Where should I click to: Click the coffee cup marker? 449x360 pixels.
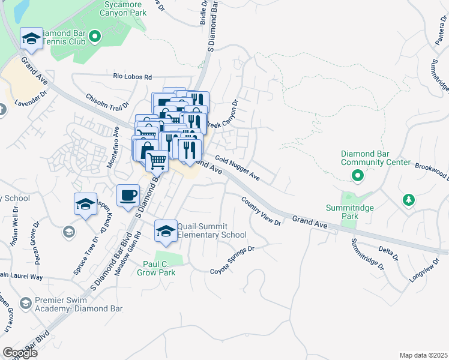click(128, 196)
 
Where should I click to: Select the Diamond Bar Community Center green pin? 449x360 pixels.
click(357, 176)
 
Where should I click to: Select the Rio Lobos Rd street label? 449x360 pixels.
click(133, 77)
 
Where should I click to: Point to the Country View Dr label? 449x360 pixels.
click(261, 211)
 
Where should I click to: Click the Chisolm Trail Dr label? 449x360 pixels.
click(107, 101)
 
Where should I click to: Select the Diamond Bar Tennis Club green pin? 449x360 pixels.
click(94, 38)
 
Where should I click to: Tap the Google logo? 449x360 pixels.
click(19, 353)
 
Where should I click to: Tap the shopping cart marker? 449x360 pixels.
click(157, 160)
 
